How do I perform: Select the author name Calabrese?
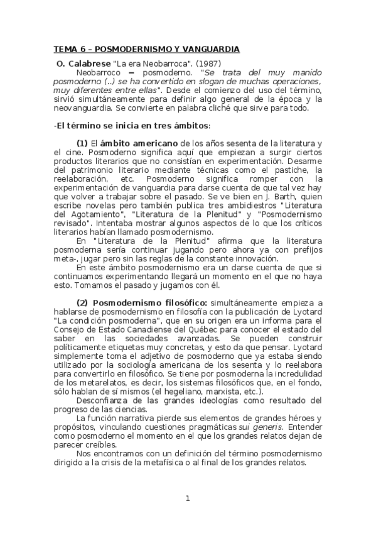89,63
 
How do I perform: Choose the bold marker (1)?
82,143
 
